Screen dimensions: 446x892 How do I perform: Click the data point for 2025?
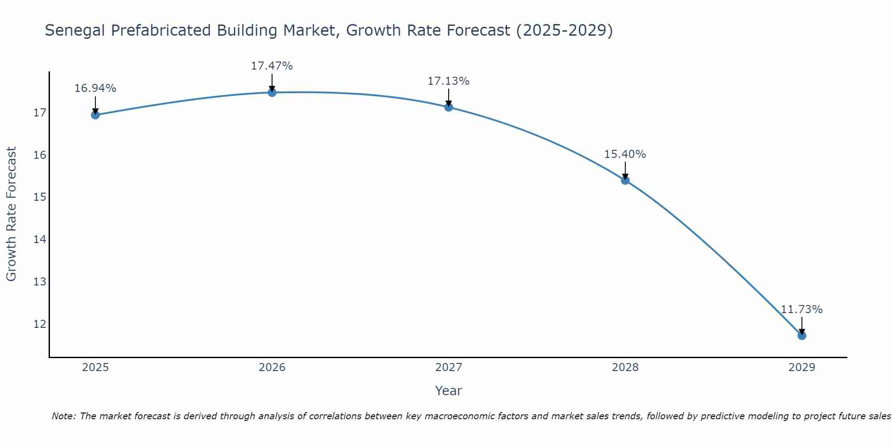(x=95, y=115)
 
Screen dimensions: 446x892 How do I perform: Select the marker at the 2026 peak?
(x=272, y=92)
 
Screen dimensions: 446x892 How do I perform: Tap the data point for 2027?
(x=449, y=107)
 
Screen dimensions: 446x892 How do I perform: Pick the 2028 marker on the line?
(x=625, y=180)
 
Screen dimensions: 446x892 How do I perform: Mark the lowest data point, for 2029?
(x=801, y=335)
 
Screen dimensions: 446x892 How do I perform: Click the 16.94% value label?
(x=95, y=88)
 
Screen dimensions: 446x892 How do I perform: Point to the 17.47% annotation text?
(x=272, y=66)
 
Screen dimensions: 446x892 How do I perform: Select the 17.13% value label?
(x=448, y=81)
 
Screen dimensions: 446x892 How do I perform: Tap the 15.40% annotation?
(x=625, y=154)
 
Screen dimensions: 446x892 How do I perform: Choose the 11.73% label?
(x=801, y=310)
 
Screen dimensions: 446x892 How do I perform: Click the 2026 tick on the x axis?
(x=272, y=368)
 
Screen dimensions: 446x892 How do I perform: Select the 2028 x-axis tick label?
(x=625, y=368)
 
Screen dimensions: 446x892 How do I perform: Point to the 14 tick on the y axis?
(x=40, y=240)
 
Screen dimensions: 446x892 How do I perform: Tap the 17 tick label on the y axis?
(x=40, y=113)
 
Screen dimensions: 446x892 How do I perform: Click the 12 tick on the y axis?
(x=40, y=324)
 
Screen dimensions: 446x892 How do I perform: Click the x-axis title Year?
(x=448, y=391)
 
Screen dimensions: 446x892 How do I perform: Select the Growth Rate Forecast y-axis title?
(x=11, y=214)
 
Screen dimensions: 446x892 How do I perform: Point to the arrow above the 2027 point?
(x=449, y=97)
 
